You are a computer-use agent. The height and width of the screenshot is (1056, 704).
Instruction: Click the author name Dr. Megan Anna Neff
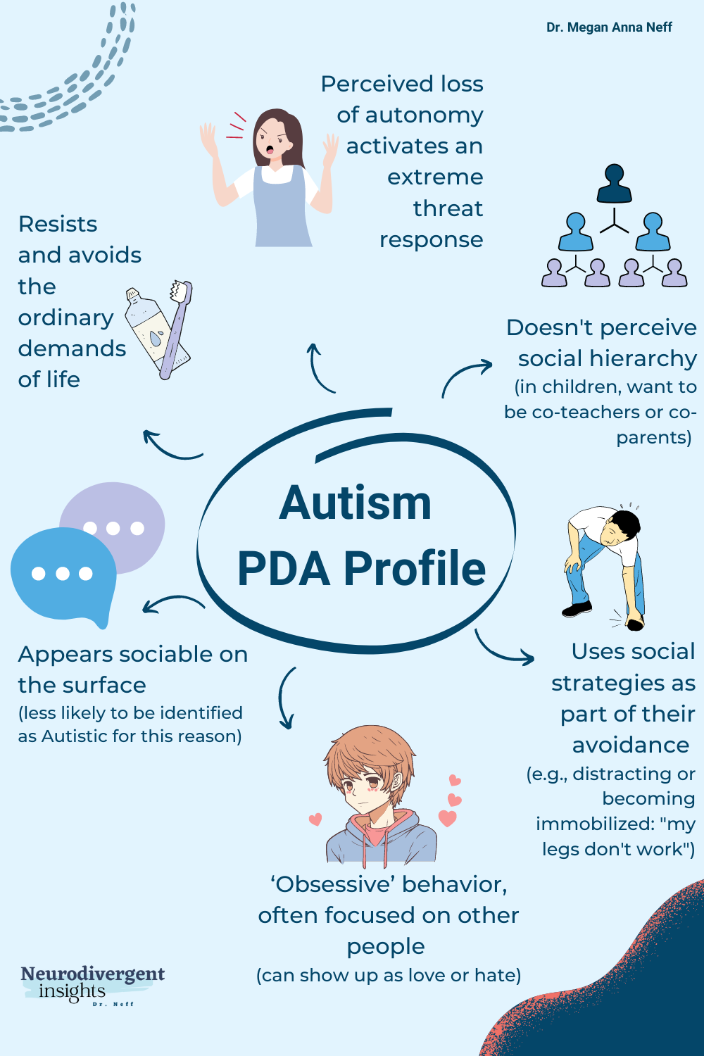[x=609, y=27]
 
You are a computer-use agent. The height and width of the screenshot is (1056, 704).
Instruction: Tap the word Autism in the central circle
[x=355, y=503]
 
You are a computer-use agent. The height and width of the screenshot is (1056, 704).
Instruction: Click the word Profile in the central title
[x=415, y=569]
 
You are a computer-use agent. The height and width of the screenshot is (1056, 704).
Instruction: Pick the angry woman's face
[x=275, y=137]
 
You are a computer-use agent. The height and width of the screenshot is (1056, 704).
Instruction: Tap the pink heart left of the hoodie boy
[x=315, y=819]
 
